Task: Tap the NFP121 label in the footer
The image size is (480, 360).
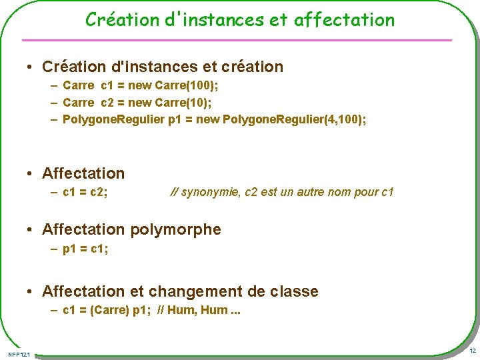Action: pos(19,353)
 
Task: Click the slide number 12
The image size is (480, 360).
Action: pos(472,351)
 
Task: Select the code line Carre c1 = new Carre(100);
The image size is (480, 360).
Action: pos(140,85)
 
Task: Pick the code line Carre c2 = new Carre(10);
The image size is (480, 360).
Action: pos(137,102)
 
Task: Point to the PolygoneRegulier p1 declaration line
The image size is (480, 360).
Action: pos(214,119)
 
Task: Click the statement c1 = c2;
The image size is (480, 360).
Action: pos(85,192)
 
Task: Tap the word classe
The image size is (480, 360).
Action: pos(294,291)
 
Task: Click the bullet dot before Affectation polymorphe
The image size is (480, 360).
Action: pos(31,230)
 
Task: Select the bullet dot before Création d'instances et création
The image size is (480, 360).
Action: pos(31,67)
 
